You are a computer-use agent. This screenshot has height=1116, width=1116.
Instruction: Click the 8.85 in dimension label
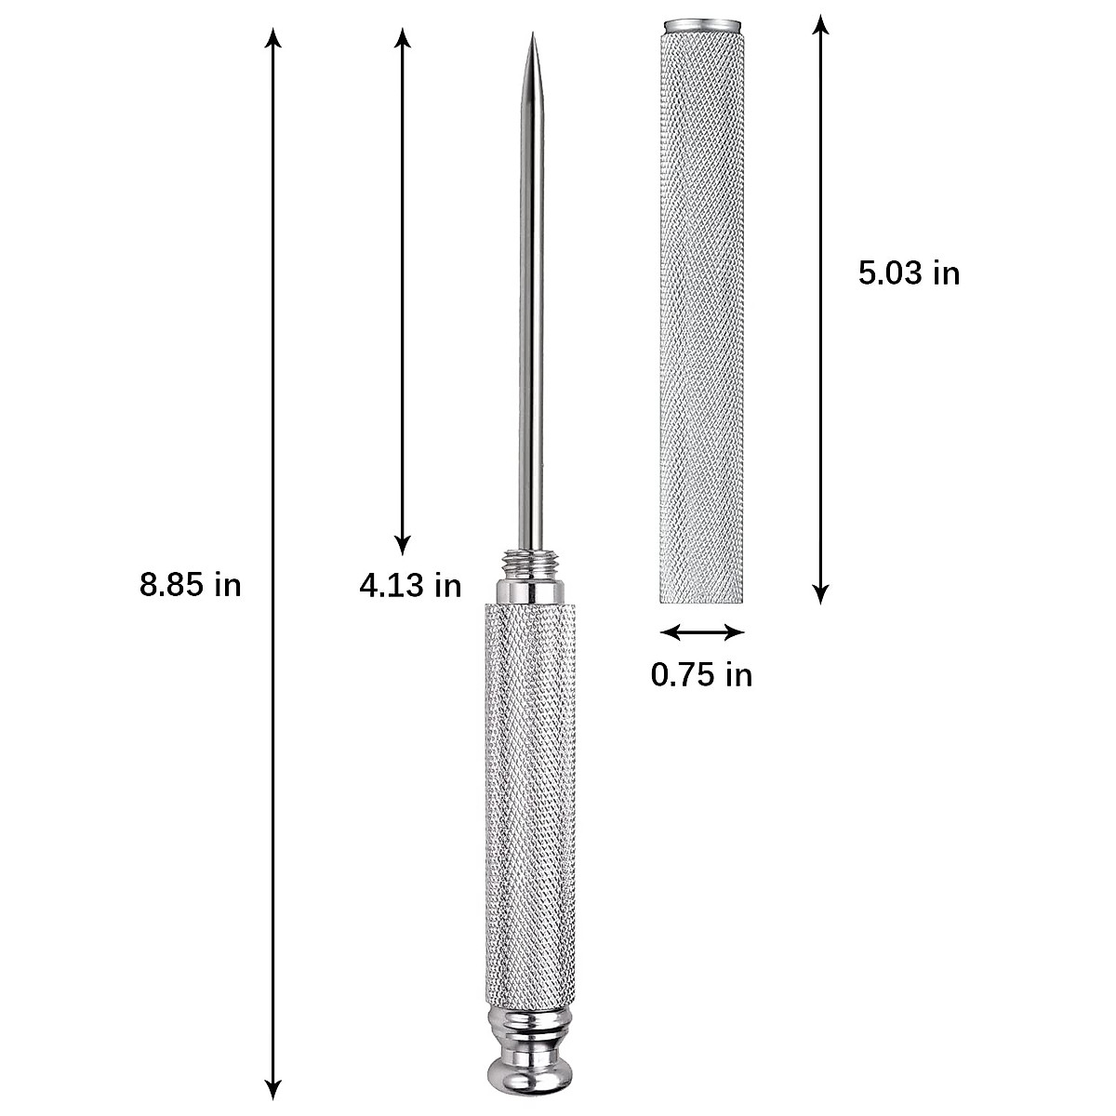point(191,585)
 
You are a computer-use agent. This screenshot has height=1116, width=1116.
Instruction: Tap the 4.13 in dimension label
point(410,585)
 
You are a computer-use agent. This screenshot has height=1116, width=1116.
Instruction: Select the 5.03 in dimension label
point(909,273)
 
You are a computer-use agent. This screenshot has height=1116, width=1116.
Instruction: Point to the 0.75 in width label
point(701,674)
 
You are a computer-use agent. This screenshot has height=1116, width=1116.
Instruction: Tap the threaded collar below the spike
point(529,564)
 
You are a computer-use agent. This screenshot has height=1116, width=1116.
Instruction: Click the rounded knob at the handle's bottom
point(529,1079)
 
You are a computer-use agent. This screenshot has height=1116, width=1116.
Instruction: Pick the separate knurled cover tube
point(702,316)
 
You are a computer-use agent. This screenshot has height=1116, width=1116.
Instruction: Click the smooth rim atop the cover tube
point(702,21)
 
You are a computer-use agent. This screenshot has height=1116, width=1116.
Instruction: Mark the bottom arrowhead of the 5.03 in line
point(819,594)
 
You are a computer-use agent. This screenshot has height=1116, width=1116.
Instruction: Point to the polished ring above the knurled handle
point(529,591)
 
